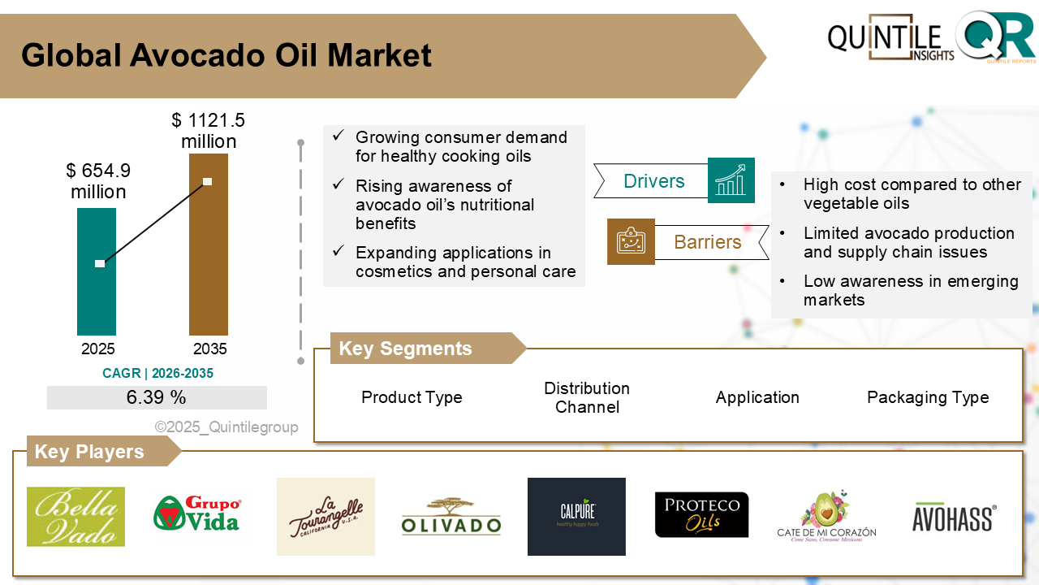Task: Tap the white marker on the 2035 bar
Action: (x=208, y=181)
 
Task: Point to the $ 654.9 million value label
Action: (x=98, y=181)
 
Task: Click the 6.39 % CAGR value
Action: (x=157, y=397)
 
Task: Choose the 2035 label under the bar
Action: (x=209, y=349)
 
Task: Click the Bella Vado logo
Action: (x=75, y=517)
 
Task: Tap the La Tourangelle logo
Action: (x=325, y=517)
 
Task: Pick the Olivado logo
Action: (x=451, y=517)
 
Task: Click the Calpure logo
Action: (x=576, y=517)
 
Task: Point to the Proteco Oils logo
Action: (x=701, y=515)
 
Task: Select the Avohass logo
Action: (x=954, y=518)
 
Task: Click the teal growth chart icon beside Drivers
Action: (x=731, y=180)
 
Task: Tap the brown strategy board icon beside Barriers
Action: (x=631, y=241)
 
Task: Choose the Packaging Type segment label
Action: (x=928, y=397)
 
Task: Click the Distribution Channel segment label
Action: (x=587, y=397)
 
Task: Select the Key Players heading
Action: (x=89, y=452)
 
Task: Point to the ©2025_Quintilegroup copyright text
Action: (x=226, y=427)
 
